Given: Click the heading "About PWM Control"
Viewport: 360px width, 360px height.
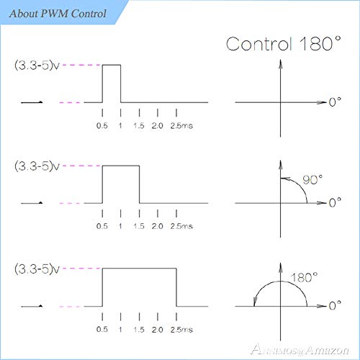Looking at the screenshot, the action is click(x=58, y=14).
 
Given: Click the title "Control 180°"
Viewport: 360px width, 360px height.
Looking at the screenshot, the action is click(x=284, y=44).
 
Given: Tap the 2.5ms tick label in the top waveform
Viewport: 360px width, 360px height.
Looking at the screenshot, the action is click(x=181, y=125).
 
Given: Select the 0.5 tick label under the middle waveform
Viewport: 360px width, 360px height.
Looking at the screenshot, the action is click(x=102, y=226).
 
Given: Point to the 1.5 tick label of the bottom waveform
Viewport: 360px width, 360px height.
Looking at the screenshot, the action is click(x=139, y=330).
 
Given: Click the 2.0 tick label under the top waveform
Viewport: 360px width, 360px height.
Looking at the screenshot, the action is click(x=158, y=125).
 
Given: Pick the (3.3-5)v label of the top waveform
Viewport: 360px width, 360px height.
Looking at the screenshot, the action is click(x=37, y=65).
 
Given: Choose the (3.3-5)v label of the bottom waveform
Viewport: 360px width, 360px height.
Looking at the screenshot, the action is click(x=37, y=269).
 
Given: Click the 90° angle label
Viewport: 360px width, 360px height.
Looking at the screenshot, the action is click(x=312, y=180).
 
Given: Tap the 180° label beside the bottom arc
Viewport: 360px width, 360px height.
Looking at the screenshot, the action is click(x=304, y=278).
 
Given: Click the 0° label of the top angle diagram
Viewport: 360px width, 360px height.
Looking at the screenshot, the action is click(x=335, y=102).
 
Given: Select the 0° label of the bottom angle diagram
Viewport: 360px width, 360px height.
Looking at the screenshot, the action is click(x=335, y=306).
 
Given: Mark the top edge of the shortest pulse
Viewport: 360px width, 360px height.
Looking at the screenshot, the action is click(x=112, y=65).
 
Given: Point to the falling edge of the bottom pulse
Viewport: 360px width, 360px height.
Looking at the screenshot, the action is click(x=176, y=287).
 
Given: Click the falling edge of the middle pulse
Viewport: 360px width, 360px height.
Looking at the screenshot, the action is click(x=139, y=184).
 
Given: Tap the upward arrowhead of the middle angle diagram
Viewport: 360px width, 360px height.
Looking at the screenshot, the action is click(x=280, y=166).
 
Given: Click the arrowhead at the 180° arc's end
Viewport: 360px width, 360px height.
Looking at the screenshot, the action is click(x=255, y=302).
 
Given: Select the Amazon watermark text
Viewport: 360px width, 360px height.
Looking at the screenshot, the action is click(x=300, y=350).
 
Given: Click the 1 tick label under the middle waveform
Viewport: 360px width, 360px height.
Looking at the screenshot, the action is click(x=120, y=226).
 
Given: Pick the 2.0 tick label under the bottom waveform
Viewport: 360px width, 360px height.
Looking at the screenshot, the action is click(x=158, y=330).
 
